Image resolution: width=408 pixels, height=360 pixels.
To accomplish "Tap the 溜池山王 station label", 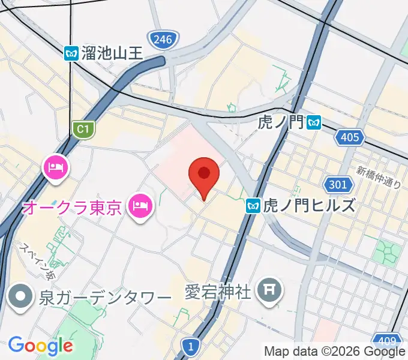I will click(113, 53).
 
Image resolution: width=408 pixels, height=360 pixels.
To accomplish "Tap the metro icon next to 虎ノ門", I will click(313, 124).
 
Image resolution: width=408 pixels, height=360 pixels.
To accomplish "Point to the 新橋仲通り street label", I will click(379, 176).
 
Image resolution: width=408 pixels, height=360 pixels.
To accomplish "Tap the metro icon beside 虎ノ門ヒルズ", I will click(253, 206).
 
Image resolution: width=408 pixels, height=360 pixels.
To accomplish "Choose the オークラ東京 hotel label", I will click(73, 208).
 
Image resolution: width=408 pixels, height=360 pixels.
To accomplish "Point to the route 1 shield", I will click(190, 346).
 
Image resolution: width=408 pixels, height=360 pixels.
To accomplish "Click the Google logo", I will click(41, 346).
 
